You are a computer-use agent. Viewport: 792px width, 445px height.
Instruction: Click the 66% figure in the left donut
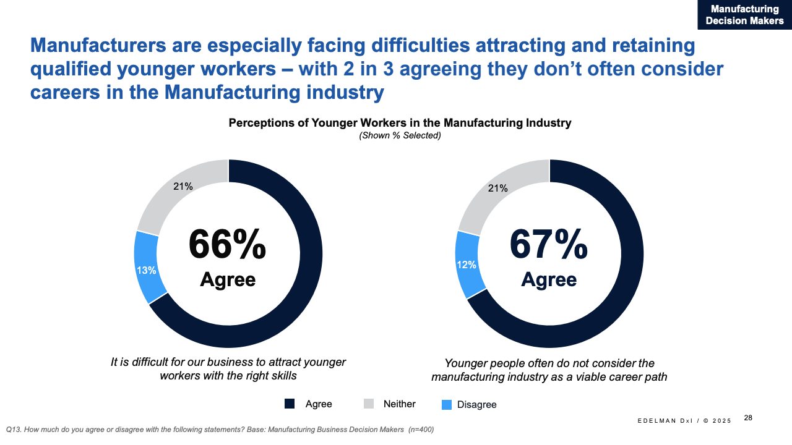pyautogui.click(x=227, y=244)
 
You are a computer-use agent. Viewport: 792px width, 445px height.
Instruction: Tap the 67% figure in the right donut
pyautogui.click(x=548, y=244)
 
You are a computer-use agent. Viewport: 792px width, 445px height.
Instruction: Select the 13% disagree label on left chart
pyautogui.click(x=147, y=270)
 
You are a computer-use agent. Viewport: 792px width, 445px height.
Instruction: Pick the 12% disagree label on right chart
pyautogui.click(x=467, y=265)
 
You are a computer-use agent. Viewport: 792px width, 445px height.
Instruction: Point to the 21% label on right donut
pyautogui.click(x=498, y=188)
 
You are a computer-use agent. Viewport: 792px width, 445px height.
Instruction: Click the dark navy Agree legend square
pyautogui.click(x=290, y=404)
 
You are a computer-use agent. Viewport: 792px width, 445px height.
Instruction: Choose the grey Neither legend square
pyautogui.click(x=369, y=404)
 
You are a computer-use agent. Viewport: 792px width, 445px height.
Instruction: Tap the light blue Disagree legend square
pyautogui.click(x=447, y=405)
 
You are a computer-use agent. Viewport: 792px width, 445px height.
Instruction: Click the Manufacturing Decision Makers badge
pyautogui.click(x=744, y=15)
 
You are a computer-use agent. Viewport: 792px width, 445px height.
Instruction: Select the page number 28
pyautogui.click(x=748, y=418)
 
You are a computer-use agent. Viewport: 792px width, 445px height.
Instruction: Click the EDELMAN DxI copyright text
pyautogui.click(x=684, y=421)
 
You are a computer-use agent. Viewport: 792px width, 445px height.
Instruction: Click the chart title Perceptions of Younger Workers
pyautogui.click(x=400, y=123)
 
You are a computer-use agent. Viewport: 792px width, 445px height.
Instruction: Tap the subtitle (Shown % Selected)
pyautogui.click(x=400, y=135)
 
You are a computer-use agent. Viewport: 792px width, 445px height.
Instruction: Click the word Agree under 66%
pyautogui.click(x=227, y=280)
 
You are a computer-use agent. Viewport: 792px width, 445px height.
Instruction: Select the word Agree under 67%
pyautogui.click(x=548, y=280)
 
